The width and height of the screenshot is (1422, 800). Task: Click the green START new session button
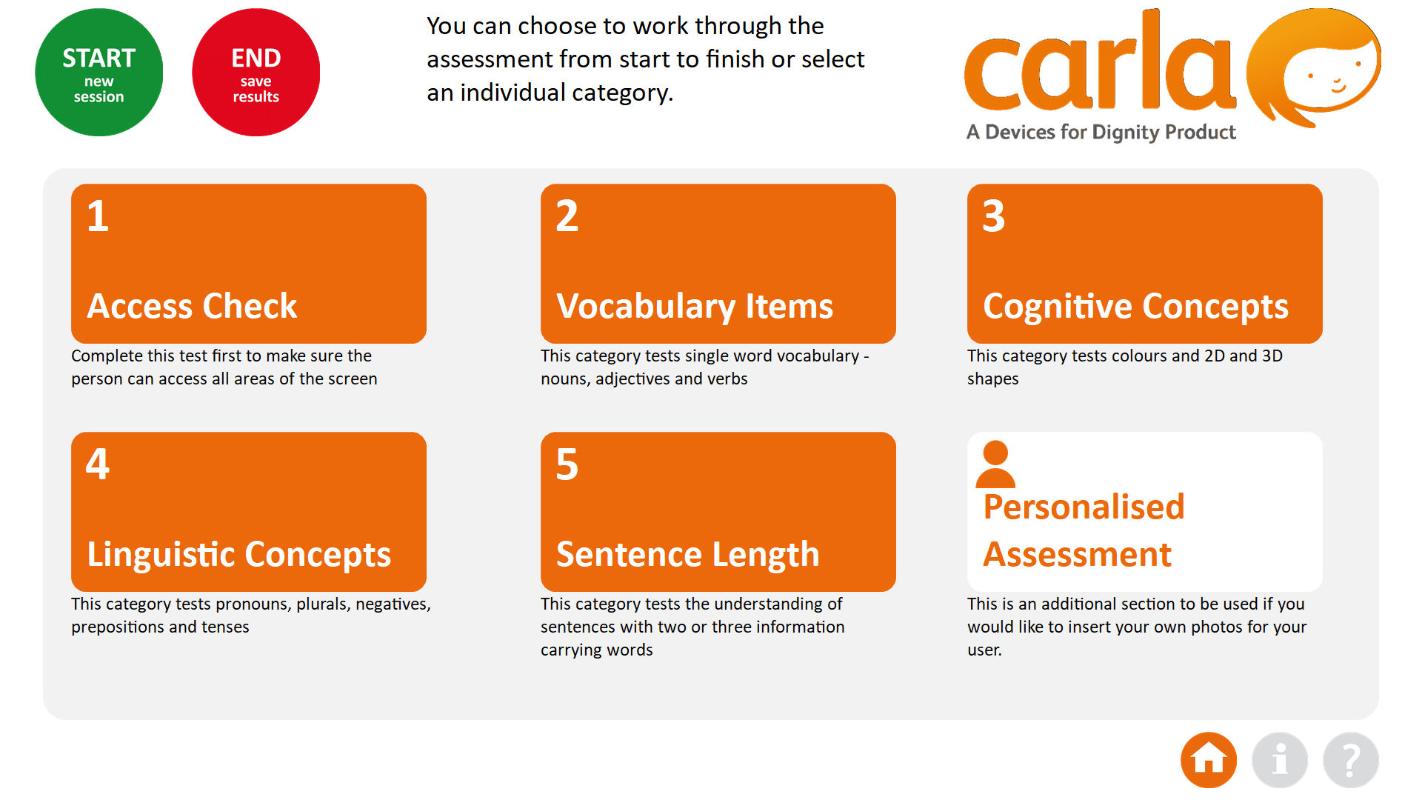coord(99,73)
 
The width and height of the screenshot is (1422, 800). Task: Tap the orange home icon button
coord(1209,760)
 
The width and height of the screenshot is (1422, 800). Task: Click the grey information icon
coord(1280,760)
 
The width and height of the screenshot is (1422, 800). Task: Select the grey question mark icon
coord(1351,760)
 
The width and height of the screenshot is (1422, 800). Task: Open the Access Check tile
coord(249,264)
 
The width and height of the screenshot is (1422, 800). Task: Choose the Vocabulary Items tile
coord(718,264)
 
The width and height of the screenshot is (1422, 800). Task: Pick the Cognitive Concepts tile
coord(1145,264)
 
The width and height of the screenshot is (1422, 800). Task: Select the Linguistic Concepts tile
coord(249,512)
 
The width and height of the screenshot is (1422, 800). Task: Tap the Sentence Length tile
coord(718,512)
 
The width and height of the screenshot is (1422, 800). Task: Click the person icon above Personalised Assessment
coord(995,464)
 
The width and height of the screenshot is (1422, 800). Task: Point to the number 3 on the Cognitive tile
coord(994,216)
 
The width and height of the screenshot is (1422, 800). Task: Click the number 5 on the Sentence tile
coord(567,464)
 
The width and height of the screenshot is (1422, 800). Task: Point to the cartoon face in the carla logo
coord(1314,68)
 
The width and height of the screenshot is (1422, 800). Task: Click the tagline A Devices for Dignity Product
coord(1101,133)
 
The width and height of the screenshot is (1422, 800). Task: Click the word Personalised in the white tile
coord(1084,507)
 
